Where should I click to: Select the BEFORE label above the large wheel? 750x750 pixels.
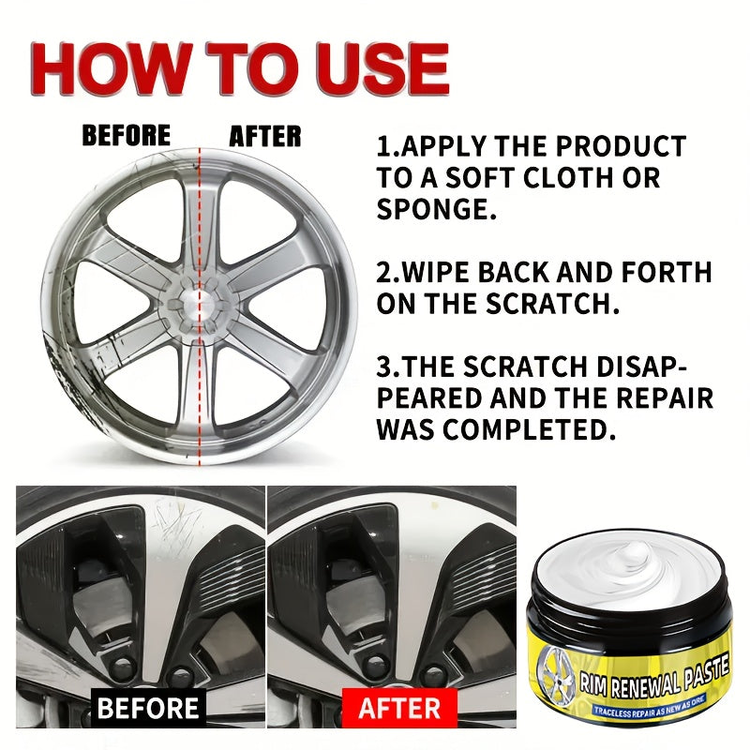click(x=127, y=136)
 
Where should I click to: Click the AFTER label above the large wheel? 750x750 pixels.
click(x=265, y=136)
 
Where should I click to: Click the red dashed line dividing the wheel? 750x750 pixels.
click(x=200, y=394)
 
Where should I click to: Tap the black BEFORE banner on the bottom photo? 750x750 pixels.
click(x=149, y=707)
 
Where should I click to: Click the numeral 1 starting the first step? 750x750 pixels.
click(x=383, y=147)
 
